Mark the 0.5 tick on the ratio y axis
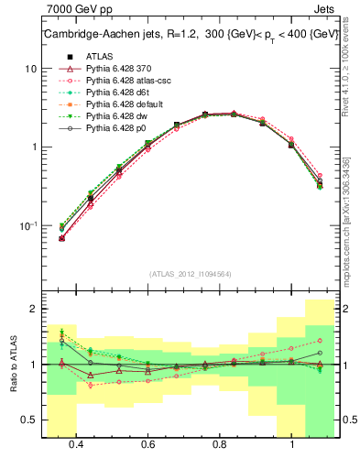[29, 420]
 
